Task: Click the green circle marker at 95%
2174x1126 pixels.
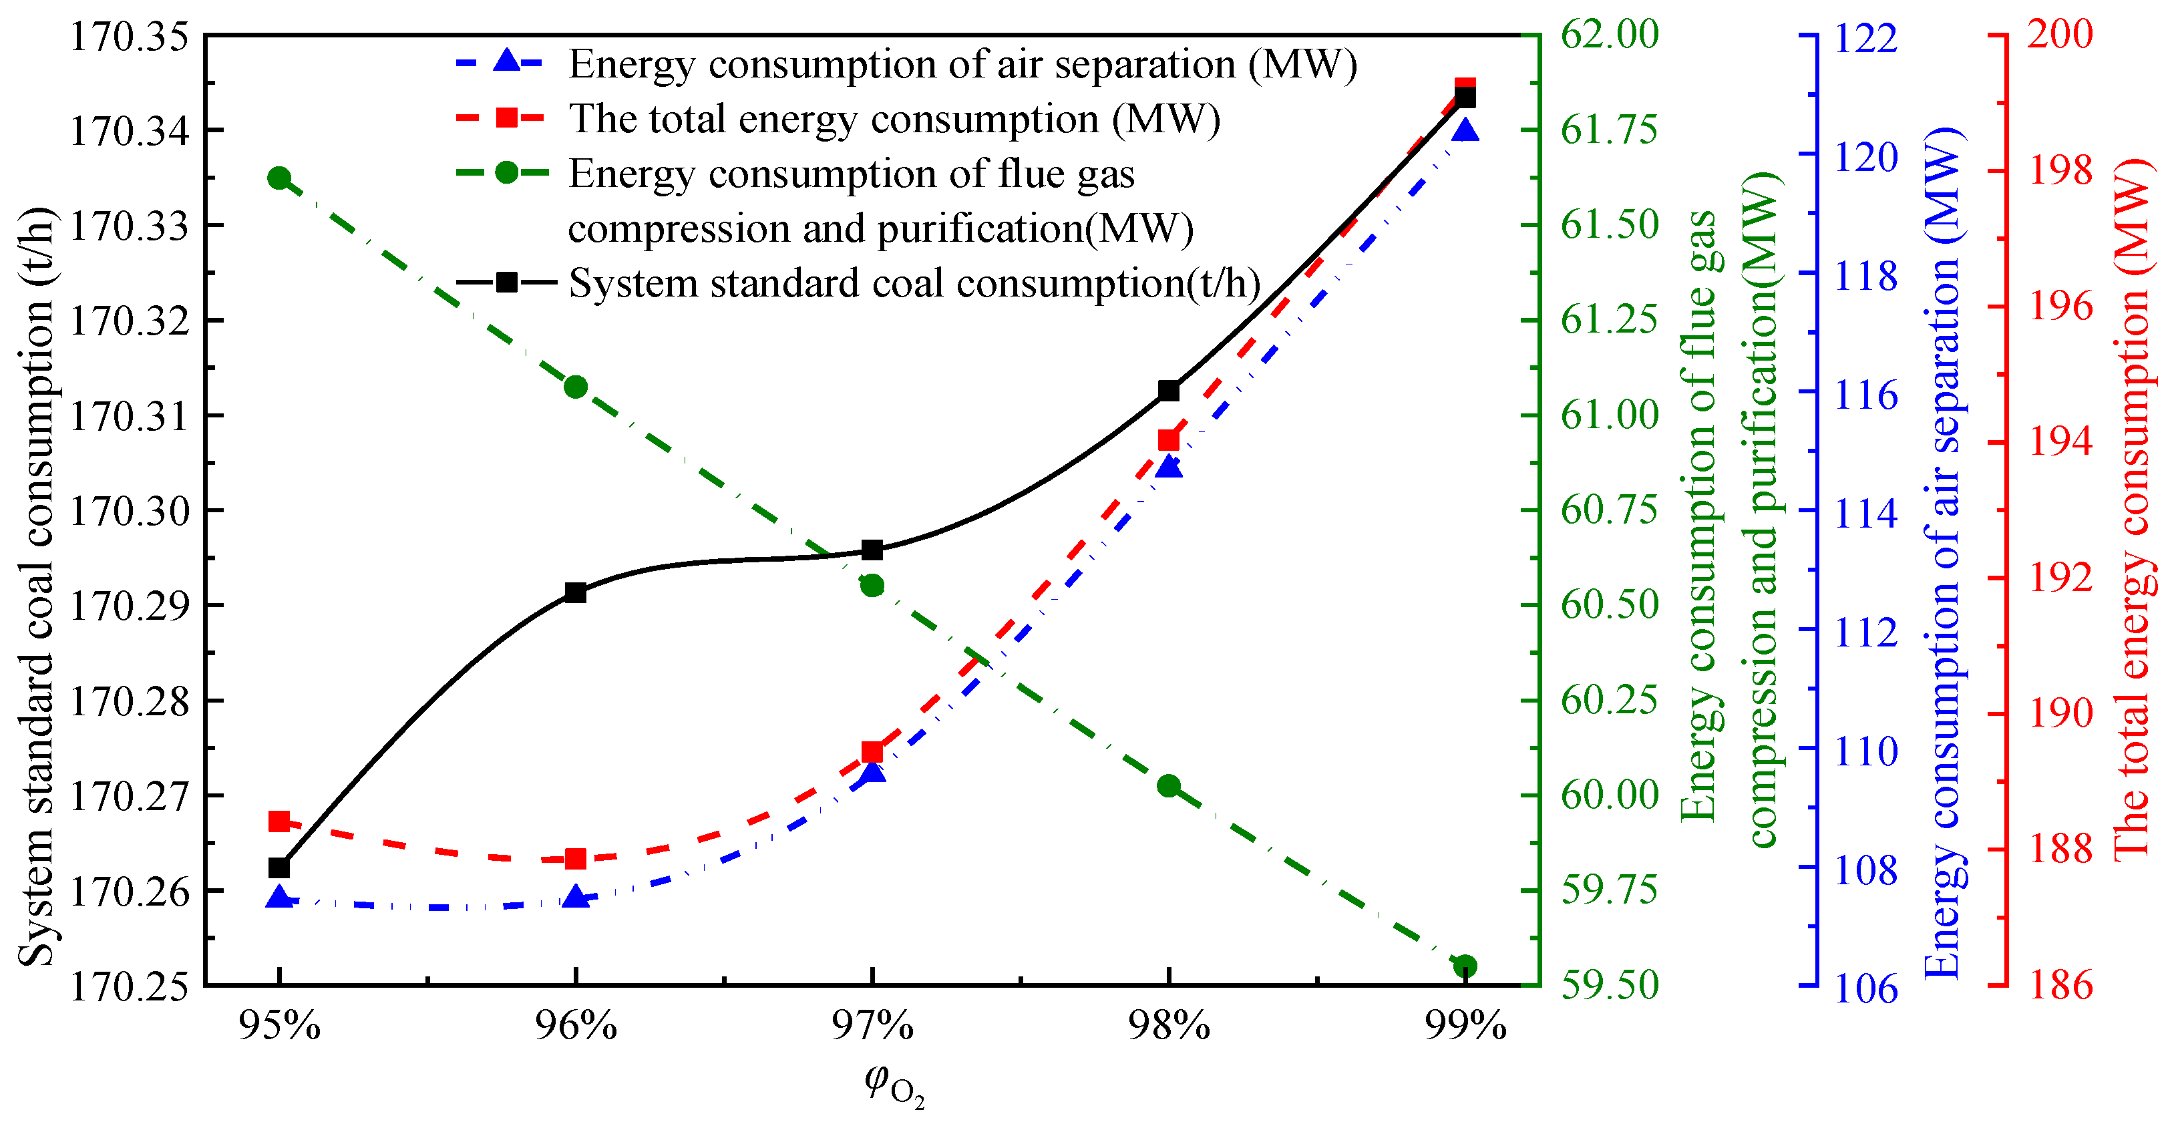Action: pos(279,178)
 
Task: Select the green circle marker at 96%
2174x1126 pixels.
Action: pos(576,387)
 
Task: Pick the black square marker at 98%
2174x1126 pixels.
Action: pos(1168,391)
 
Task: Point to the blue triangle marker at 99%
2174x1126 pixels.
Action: pos(1465,131)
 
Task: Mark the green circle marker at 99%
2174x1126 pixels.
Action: pos(1465,966)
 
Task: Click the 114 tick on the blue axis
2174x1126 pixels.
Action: pos(1866,512)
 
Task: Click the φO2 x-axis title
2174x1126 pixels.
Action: pos(894,1085)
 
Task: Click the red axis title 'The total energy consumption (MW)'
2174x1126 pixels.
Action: pos(2131,509)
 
